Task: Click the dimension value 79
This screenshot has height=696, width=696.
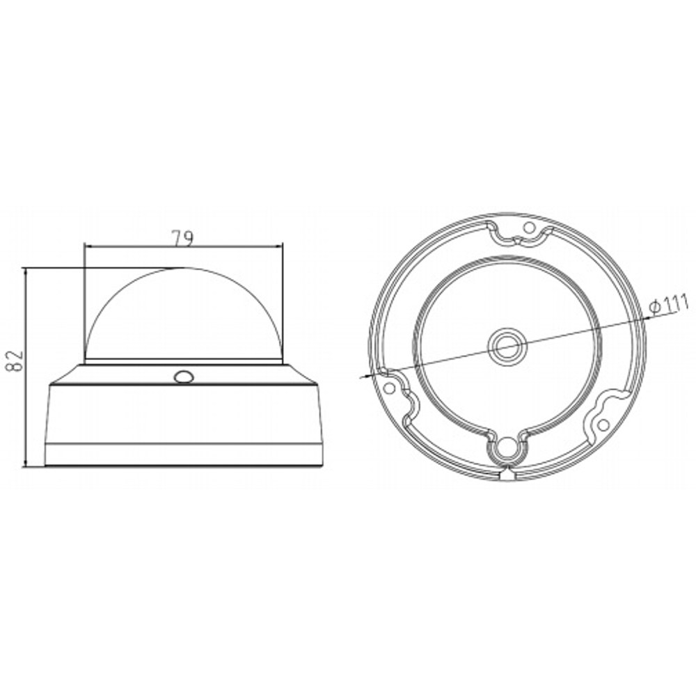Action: pos(183,239)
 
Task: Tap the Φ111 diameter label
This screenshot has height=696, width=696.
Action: pos(668,306)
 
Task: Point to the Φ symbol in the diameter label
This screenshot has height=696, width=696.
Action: pos(654,310)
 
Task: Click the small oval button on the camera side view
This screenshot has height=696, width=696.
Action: pos(183,377)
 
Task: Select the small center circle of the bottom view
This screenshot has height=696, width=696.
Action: pos(507,345)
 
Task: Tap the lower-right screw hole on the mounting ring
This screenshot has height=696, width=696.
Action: pos(603,425)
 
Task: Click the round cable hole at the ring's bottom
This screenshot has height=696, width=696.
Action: pos(507,449)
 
